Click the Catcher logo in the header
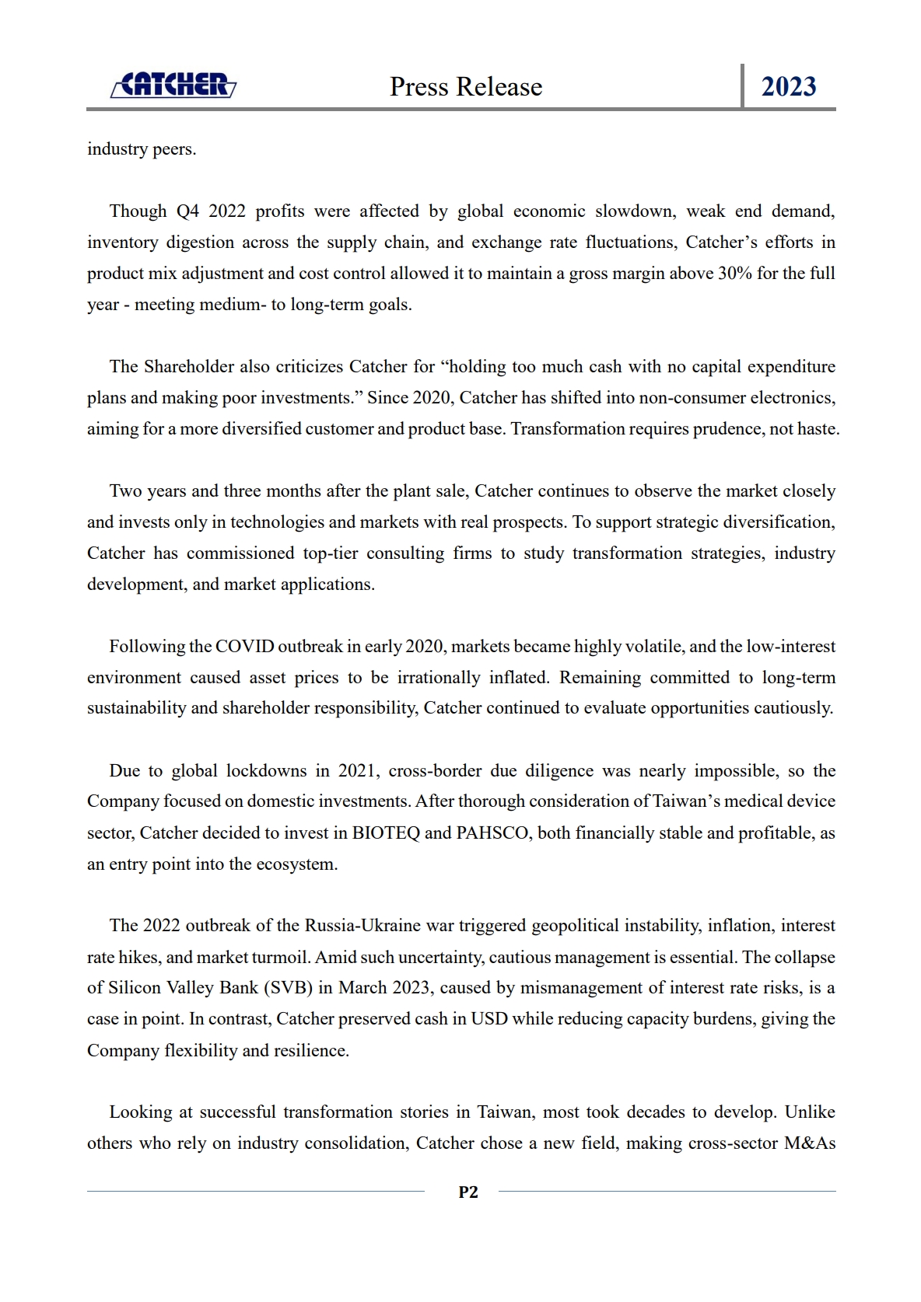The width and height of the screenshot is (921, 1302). pyautogui.click(x=173, y=85)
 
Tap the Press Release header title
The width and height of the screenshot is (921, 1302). pyautogui.click(x=466, y=86)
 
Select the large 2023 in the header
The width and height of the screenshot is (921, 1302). pyautogui.click(x=789, y=86)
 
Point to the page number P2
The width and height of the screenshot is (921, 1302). pyautogui.click(x=468, y=1192)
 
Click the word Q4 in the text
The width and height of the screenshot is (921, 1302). pyautogui.click(x=187, y=211)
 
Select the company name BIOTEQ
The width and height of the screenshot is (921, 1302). pyautogui.click(x=386, y=833)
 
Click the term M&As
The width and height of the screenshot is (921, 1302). pyautogui.click(x=810, y=1143)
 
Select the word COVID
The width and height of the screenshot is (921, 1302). pyautogui.click(x=244, y=647)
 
